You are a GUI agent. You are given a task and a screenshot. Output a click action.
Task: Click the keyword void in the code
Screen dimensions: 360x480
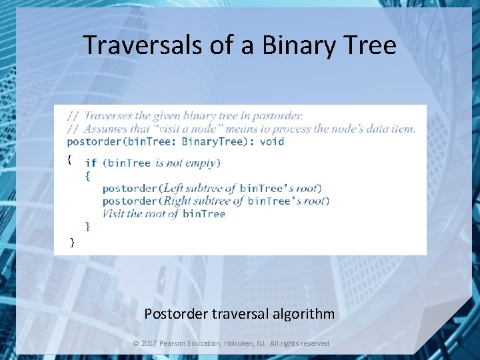click(x=272, y=141)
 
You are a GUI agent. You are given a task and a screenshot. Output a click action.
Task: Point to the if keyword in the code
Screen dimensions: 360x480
click(x=91, y=163)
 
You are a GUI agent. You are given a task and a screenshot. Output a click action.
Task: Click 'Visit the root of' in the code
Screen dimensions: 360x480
click(x=141, y=213)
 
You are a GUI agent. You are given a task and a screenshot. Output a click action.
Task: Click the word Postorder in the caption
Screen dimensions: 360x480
click(x=176, y=313)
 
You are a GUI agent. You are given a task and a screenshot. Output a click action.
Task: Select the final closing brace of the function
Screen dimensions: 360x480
click(x=73, y=242)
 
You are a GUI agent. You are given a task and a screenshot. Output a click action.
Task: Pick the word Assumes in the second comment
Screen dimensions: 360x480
click(x=106, y=129)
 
